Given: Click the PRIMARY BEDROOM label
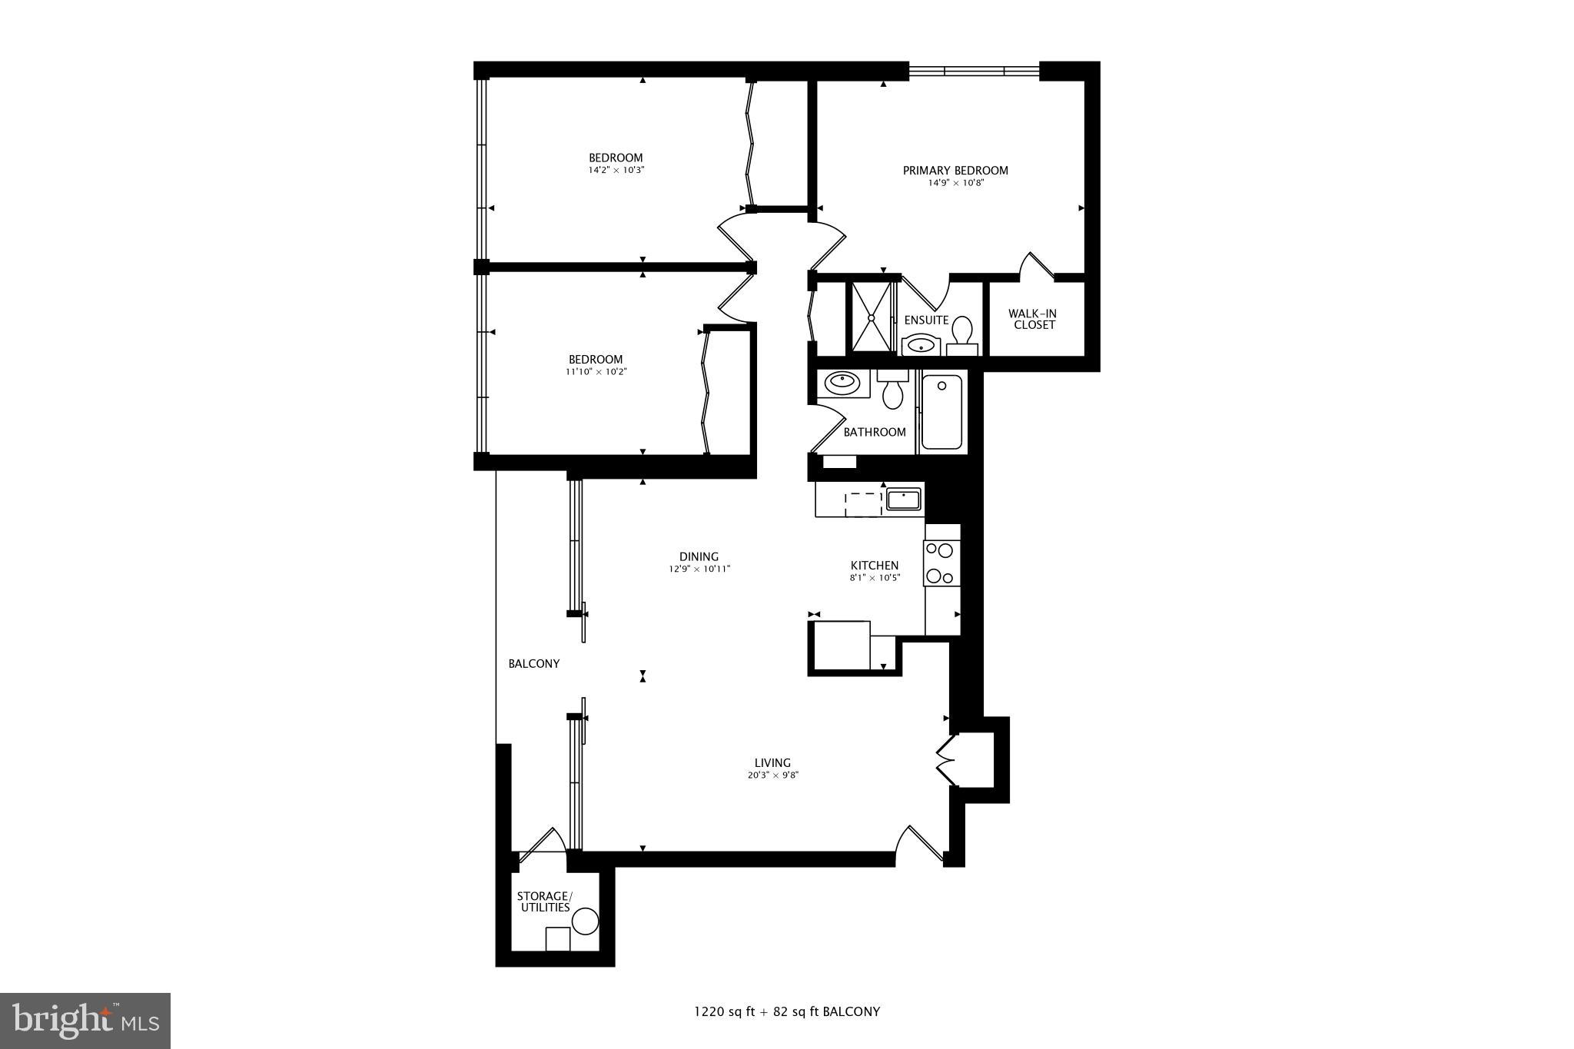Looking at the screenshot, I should [955, 171].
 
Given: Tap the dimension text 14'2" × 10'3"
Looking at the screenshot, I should [616, 170].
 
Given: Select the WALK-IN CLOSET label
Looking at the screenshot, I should [1033, 319].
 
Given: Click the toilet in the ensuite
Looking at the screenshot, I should [961, 334].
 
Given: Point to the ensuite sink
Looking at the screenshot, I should [920, 346].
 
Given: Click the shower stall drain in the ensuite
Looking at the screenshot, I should [872, 317].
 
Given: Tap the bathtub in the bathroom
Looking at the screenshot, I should [941, 412].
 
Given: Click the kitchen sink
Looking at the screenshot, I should [904, 499].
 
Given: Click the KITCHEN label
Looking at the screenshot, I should [875, 566].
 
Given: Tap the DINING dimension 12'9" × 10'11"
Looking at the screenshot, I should [699, 569].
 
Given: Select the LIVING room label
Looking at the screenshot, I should [772, 763].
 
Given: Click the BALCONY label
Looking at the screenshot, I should [533, 664].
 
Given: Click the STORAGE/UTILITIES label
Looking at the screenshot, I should [544, 902].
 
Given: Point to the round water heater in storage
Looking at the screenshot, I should [585, 921].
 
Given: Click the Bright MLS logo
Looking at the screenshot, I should [85, 1021].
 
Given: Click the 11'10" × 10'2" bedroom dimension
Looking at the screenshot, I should [596, 372].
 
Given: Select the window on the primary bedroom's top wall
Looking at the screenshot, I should [974, 71].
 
